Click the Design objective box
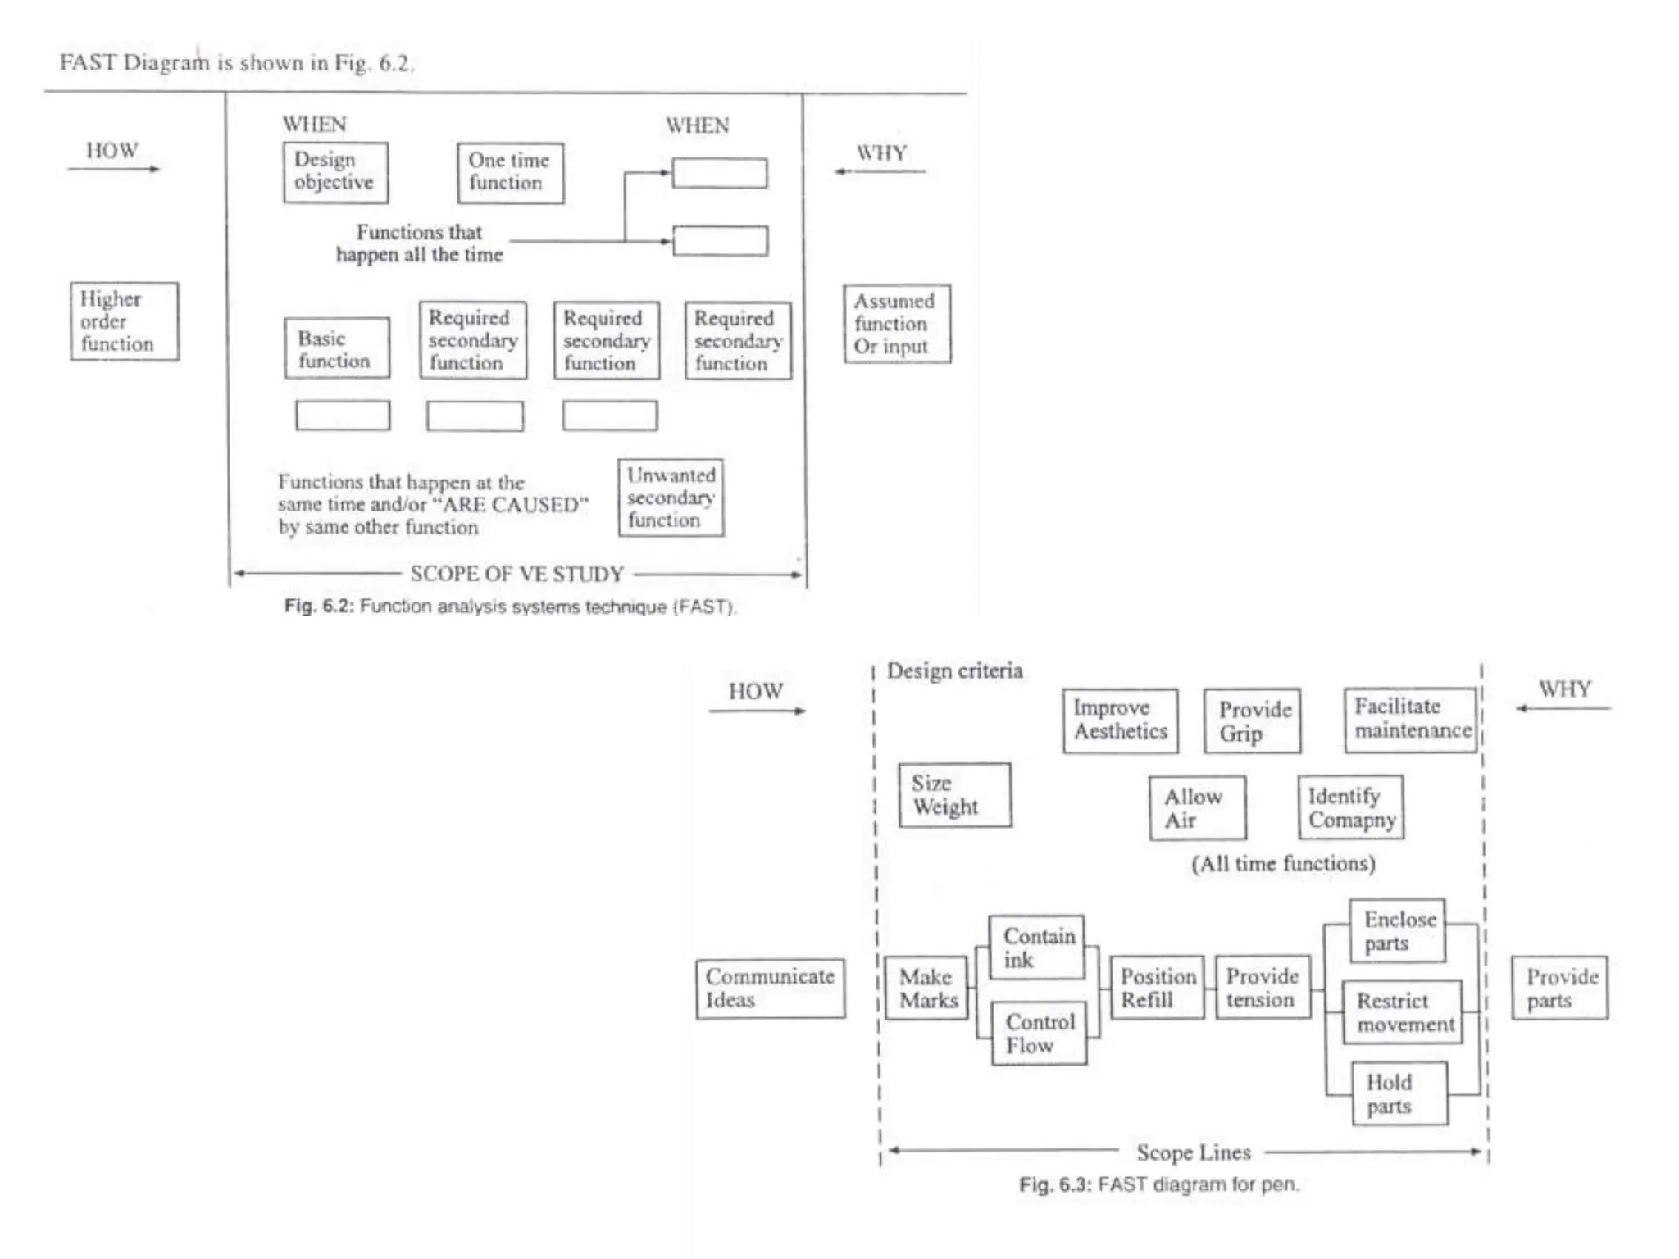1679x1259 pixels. click(335, 172)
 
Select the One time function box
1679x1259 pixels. click(510, 172)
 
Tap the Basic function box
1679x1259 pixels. click(337, 348)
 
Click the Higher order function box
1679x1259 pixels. click(124, 321)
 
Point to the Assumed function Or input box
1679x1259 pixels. click(897, 324)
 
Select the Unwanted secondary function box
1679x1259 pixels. click(671, 498)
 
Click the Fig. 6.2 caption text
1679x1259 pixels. click(510, 607)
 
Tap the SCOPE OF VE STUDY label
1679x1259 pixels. click(517, 574)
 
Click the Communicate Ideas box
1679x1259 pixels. click(770, 989)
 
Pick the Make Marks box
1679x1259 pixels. click(928, 989)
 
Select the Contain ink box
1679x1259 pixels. click(1037, 948)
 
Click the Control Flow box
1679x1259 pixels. click(1039, 1033)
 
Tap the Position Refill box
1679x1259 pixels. click(1157, 988)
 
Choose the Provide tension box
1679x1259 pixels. click(1263, 988)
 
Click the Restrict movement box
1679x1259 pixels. click(1403, 1012)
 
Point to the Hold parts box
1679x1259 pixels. click(1399, 1093)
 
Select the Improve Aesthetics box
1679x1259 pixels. click(1120, 720)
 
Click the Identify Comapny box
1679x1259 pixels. click(1350, 807)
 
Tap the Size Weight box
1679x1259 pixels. click(954, 795)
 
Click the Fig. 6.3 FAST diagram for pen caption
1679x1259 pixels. click(1159, 1184)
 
